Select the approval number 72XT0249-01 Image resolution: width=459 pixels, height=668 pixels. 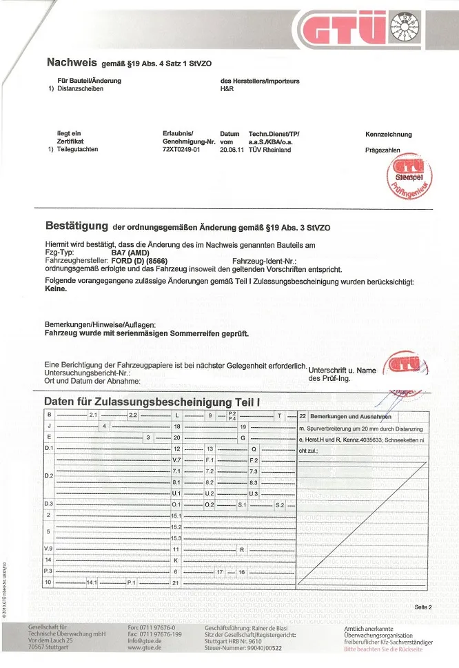click(180, 149)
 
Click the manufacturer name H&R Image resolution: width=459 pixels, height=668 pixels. click(227, 89)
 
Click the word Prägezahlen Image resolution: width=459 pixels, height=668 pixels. click(382, 149)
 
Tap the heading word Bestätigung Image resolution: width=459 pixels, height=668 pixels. click(76, 226)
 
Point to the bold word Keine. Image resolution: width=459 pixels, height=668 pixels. click(56, 289)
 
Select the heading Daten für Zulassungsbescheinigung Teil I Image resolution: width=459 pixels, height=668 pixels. click(152, 401)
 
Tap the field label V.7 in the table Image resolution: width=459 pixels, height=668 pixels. click(176, 460)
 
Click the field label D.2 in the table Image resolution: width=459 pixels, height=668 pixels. click(48, 476)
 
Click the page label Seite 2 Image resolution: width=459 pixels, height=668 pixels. click(423, 607)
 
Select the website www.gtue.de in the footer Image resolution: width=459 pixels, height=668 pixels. click(145, 648)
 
